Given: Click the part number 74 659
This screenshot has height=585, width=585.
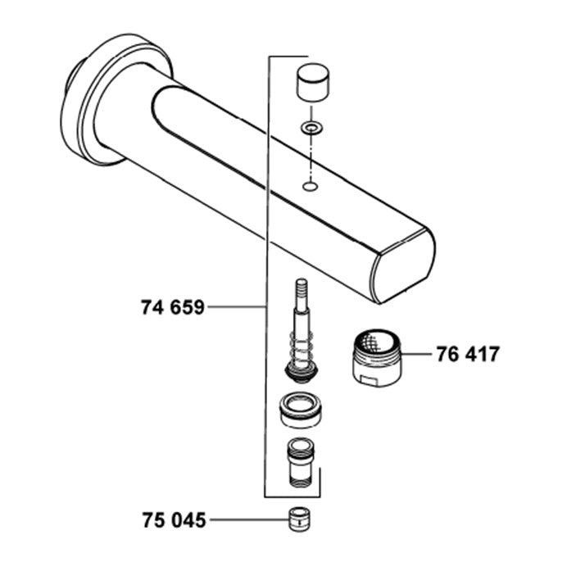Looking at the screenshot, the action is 173,308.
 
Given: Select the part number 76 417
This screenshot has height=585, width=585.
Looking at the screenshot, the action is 468,354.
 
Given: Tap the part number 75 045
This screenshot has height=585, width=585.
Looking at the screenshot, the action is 174,520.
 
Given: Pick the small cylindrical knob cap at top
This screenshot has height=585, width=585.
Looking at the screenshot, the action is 313,82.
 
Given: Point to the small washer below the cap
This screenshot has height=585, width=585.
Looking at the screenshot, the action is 312,129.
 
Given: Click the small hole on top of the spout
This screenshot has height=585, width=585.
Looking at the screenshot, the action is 310,186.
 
